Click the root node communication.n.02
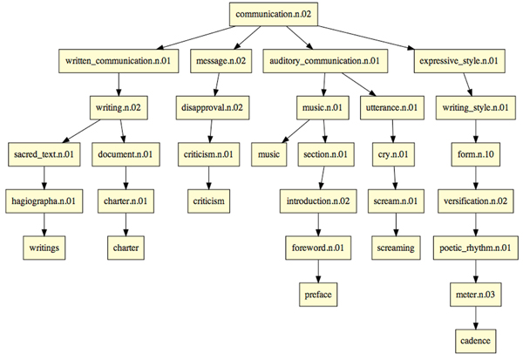click(x=272, y=14)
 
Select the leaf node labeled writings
click(x=44, y=248)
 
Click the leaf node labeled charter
click(x=126, y=248)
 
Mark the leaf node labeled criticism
click(x=209, y=201)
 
